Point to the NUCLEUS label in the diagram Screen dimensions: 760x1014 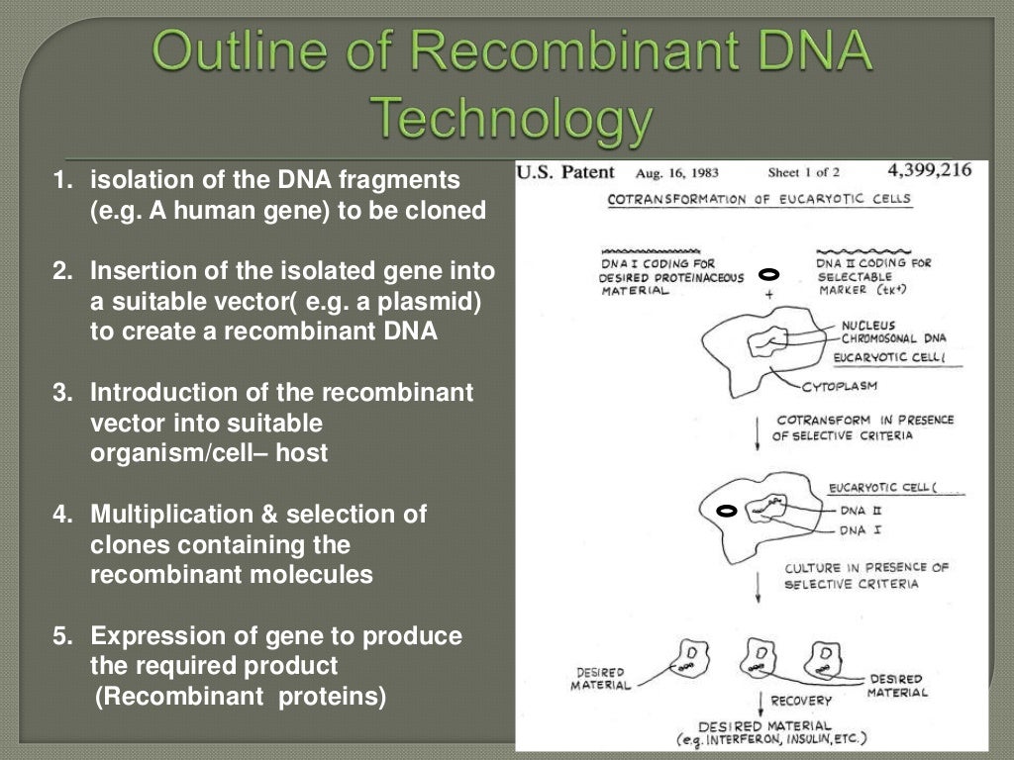point(868,325)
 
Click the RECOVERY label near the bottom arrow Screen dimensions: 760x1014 point(802,701)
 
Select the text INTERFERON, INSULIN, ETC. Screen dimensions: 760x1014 point(782,740)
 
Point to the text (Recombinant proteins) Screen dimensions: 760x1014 point(240,696)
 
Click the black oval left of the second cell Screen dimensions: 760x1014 point(726,511)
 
